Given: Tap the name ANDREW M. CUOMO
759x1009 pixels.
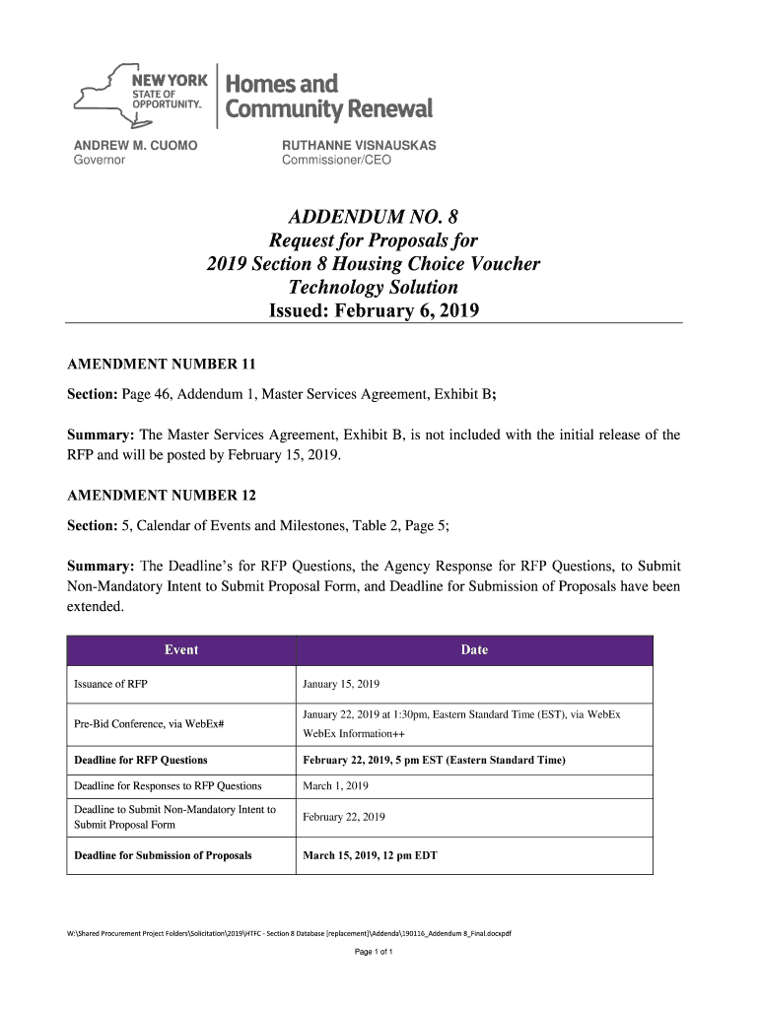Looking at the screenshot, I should click(136, 145).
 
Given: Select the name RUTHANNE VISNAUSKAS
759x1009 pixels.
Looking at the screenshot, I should click(359, 145).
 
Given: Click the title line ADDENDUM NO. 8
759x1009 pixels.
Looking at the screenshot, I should click(374, 217).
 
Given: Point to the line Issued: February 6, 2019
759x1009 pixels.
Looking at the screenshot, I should click(374, 311).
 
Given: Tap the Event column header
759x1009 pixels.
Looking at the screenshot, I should click(181, 650).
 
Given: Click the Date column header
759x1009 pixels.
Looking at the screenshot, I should click(474, 650).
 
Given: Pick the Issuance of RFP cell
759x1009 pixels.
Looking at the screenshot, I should click(111, 684).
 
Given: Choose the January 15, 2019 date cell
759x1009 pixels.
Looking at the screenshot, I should click(341, 684).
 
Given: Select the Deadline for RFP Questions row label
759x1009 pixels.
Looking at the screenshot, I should click(141, 761).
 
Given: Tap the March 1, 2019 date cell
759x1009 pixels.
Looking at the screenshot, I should click(335, 786).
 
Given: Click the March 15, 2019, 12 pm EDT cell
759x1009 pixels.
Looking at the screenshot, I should click(370, 855).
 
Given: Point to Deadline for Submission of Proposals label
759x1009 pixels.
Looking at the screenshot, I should click(163, 855).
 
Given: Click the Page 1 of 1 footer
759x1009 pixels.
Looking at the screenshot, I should click(373, 953).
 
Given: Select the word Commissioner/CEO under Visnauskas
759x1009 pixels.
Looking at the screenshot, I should click(336, 160).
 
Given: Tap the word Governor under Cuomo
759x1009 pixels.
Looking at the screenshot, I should click(101, 160).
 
